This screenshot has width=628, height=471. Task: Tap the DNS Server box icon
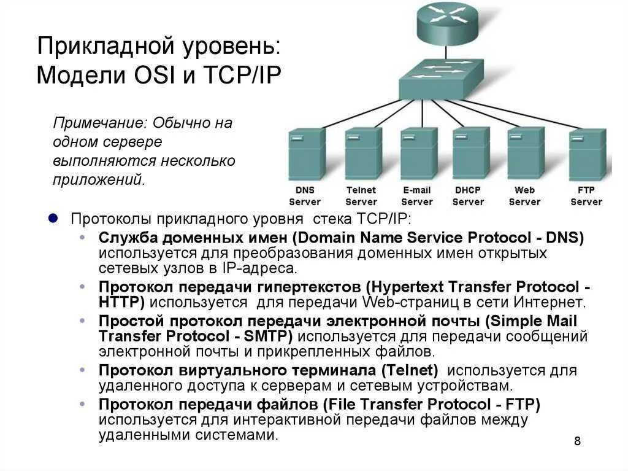(x=307, y=154)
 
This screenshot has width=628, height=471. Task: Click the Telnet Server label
(x=361, y=196)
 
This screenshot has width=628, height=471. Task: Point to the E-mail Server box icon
(x=419, y=154)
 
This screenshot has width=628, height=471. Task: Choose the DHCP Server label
(x=468, y=196)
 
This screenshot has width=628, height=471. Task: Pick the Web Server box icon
(x=526, y=153)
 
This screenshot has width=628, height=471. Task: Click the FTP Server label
(x=586, y=196)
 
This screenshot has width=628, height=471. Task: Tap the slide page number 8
(x=577, y=441)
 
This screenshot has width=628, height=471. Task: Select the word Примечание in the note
(x=99, y=123)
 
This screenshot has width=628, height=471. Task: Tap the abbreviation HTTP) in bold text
(x=121, y=302)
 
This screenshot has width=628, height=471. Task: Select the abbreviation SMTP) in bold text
(x=263, y=336)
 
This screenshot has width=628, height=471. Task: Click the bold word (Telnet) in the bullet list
(x=409, y=370)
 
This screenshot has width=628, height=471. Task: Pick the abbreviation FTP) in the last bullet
(x=523, y=404)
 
